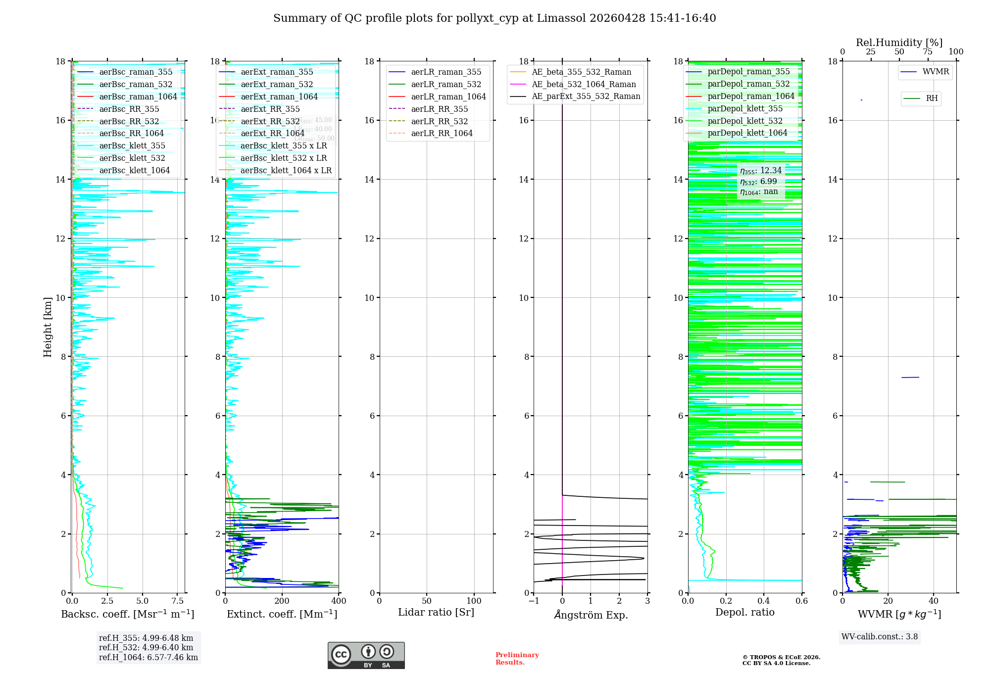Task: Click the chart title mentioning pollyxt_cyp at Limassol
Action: (x=495, y=18)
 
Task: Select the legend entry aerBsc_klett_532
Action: (x=132, y=158)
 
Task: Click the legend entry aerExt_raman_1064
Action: (x=279, y=97)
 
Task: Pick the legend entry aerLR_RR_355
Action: (x=439, y=109)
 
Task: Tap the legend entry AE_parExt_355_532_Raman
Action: (x=586, y=96)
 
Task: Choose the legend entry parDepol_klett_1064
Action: (x=747, y=133)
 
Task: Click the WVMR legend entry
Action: (x=935, y=72)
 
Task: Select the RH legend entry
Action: (x=931, y=98)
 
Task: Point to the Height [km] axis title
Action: (x=48, y=327)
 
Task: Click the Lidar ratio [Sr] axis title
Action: (x=436, y=613)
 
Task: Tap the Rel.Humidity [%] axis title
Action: (x=899, y=43)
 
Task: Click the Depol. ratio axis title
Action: (x=744, y=613)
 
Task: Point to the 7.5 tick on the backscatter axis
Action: (x=178, y=601)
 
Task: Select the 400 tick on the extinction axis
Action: (x=339, y=601)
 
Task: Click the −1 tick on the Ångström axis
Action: (x=534, y=601)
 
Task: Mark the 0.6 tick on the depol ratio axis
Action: (x=801, y=601)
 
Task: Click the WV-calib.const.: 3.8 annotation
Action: (x=879, y=637)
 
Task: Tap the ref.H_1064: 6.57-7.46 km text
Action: (x=148, y=658)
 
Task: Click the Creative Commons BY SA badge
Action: (x=366, y=656)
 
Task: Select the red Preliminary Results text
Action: (x=517, y=659)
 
